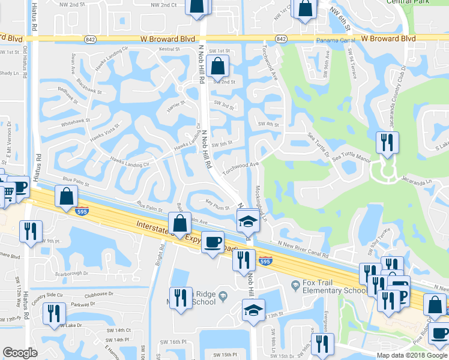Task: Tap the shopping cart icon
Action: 8,192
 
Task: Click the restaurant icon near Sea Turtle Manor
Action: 385,143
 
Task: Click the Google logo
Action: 20,353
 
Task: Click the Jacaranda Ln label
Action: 417,179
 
